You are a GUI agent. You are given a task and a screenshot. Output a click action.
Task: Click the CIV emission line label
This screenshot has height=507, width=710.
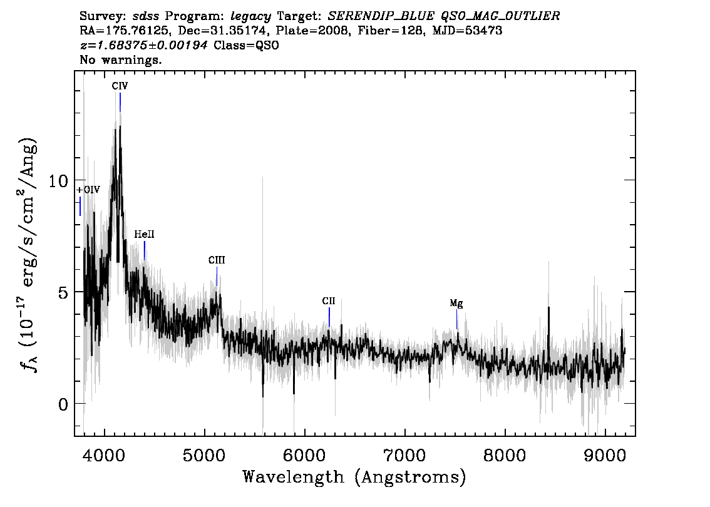(120, 86)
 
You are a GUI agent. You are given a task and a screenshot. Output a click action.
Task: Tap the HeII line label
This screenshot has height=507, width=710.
(144, 235)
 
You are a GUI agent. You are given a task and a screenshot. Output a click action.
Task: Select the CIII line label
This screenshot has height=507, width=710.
(217, 260)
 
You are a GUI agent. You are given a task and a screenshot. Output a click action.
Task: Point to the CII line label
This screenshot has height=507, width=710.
(329, 301)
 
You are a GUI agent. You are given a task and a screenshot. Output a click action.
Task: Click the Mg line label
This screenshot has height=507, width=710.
(456, 304)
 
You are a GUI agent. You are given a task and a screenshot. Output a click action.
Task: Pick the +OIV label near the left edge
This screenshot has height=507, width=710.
(88, 190)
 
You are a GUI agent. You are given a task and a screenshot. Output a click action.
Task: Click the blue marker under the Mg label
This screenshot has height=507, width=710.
(457, 320)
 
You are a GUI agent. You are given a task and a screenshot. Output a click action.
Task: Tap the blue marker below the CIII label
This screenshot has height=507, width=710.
(217, 277)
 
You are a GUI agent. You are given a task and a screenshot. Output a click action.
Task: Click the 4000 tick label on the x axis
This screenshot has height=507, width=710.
(105, 454)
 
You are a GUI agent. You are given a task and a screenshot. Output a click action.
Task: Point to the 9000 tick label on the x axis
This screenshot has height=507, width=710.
(604, 454)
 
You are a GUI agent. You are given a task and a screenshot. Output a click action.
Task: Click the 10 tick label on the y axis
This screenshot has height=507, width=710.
(58, 181)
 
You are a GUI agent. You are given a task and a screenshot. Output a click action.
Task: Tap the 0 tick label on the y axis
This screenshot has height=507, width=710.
(63, 404)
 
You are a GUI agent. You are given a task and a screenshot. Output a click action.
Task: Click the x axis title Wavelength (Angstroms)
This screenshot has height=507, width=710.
(354, 478)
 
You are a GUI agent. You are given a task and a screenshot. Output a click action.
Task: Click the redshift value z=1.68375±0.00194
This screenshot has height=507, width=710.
(144, 45)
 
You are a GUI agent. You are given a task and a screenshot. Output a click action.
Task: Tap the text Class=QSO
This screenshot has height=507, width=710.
(246, 45)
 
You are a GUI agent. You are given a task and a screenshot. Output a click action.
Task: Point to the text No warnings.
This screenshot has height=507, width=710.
(121, 59)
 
